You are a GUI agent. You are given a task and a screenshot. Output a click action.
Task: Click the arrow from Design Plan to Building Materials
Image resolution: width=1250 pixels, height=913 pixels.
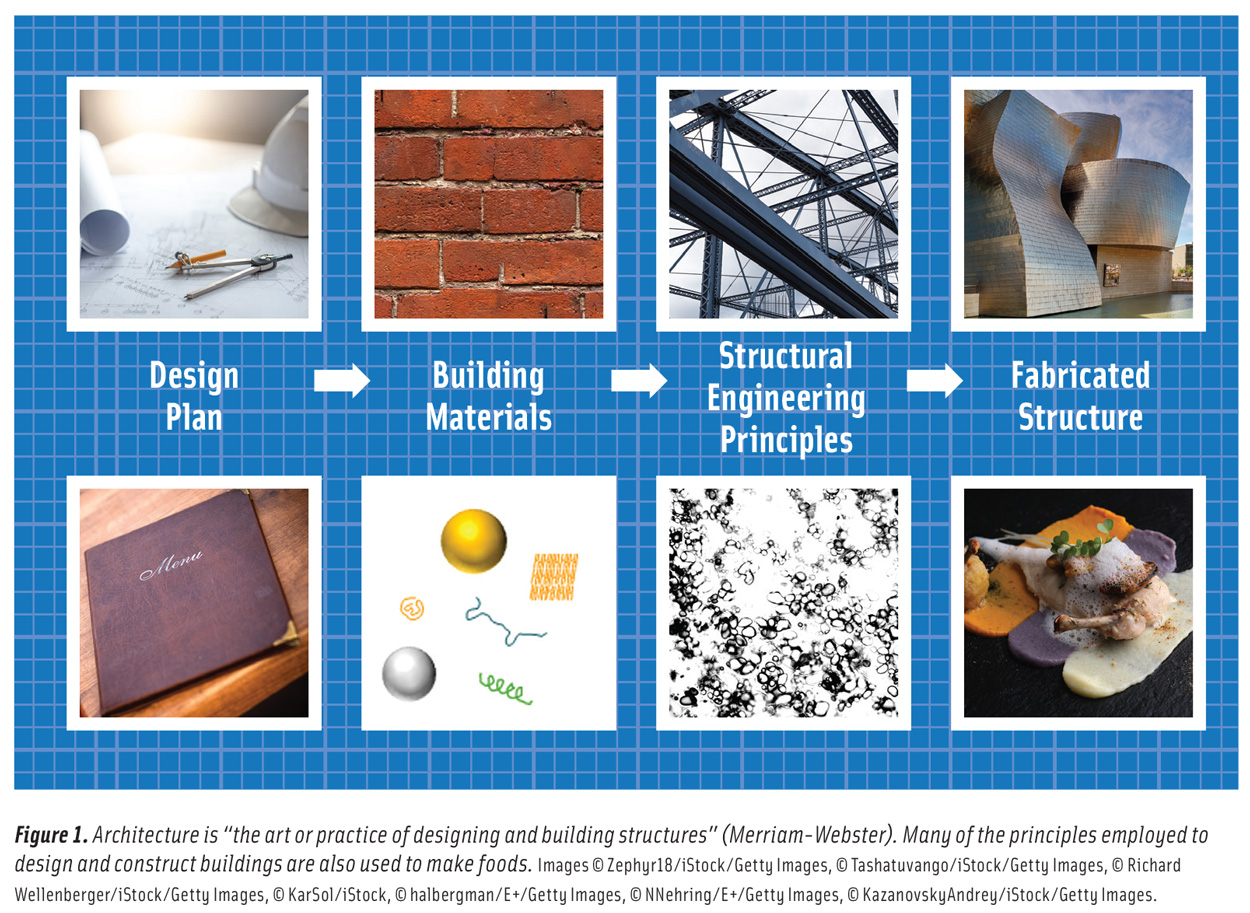342,381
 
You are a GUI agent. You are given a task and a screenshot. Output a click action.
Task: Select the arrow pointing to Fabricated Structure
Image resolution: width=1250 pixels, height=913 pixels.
934,381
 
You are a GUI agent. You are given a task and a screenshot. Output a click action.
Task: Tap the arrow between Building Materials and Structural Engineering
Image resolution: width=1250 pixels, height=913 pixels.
638,381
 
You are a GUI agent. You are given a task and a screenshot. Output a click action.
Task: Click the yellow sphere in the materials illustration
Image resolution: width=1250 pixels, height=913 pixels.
474,540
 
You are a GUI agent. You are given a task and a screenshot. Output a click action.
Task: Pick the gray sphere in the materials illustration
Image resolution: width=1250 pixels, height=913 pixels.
409,673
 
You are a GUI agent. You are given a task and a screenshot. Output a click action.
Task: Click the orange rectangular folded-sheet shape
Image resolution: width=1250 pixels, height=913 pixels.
553,576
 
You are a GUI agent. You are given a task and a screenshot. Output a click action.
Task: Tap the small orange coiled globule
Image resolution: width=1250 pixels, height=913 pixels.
411,607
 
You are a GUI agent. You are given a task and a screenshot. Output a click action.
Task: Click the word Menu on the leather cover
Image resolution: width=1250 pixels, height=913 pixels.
172,564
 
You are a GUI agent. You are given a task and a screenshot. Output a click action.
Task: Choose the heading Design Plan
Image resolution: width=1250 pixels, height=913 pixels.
194,396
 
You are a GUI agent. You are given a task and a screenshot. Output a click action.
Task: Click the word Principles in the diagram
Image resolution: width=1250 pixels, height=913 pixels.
786,439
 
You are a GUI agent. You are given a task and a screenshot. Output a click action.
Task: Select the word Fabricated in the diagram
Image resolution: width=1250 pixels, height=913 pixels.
1080,376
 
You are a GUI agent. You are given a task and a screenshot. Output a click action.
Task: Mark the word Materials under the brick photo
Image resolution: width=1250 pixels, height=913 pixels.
489,417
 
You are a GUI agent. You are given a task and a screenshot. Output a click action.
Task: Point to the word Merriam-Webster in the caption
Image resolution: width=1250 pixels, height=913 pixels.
956,835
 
